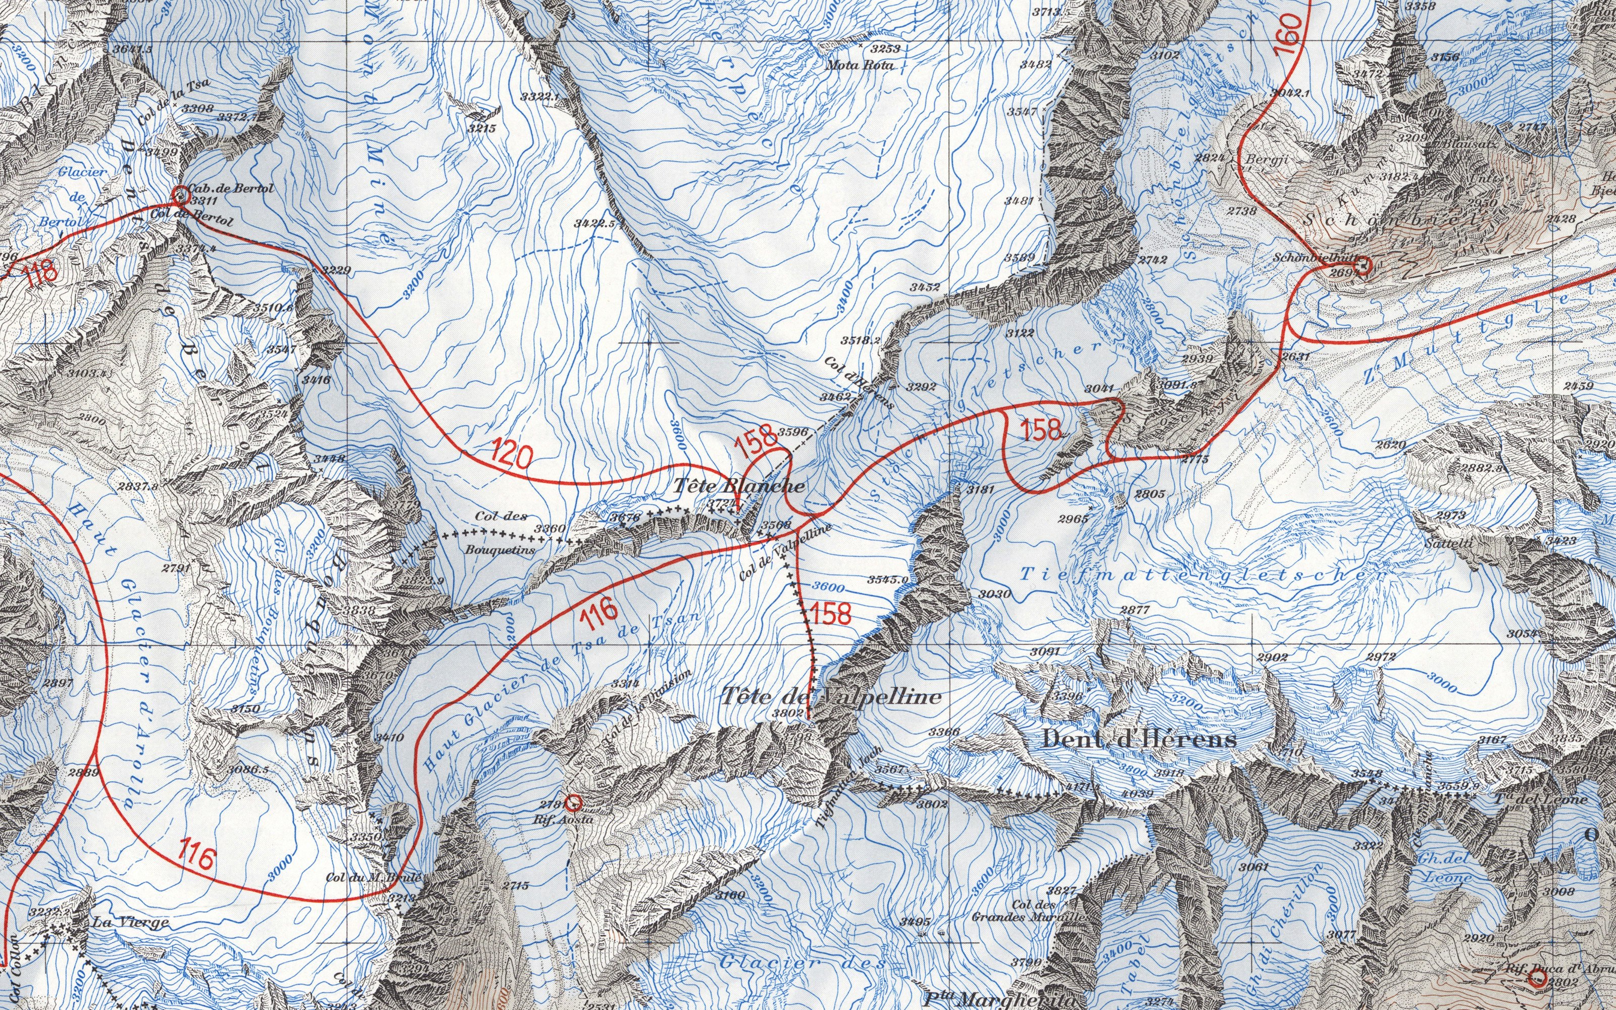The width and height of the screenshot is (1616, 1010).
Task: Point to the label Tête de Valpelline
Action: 831,697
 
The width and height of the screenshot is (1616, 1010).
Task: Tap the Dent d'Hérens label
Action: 1139,739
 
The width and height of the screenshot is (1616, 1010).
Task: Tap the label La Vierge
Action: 130,923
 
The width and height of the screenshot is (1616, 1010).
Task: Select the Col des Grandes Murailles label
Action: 1034,911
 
